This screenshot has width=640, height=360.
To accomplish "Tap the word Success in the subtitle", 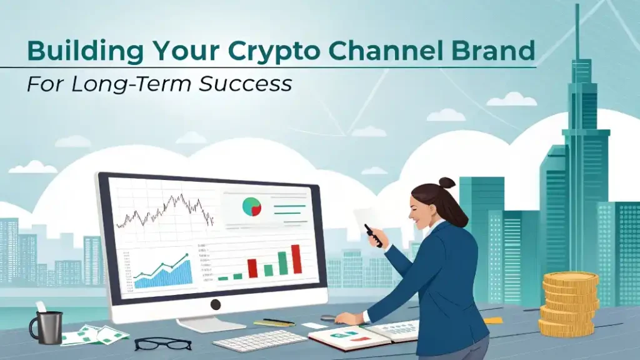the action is (245, 84).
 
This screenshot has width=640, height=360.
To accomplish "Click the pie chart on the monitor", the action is (251, 206).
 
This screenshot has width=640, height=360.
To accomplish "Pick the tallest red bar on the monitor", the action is (296, 259).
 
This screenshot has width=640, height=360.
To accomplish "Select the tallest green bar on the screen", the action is (283, 263).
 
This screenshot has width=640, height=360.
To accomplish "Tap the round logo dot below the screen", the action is (216, 304).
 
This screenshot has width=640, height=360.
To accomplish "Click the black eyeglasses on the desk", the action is (163, 344).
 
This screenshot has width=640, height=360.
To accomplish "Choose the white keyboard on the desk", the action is (259, 340).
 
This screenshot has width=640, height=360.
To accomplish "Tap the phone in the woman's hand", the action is (373, 236).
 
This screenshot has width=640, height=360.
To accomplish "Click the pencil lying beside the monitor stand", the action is (274, 322).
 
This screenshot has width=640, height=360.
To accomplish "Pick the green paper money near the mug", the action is (95, 335).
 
